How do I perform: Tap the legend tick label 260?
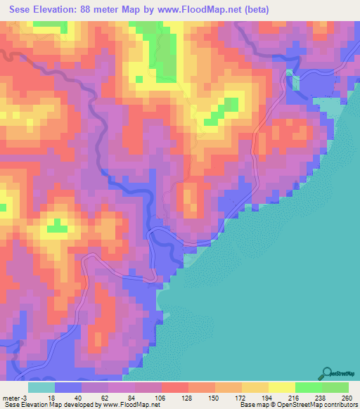pos(347,398)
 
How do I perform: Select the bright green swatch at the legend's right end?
pos(335,387)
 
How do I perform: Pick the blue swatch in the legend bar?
pos(67,387)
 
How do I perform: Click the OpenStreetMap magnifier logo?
pos(326,373)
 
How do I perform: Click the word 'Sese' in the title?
pos(24,11)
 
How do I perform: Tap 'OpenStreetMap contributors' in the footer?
pos(317,405)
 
